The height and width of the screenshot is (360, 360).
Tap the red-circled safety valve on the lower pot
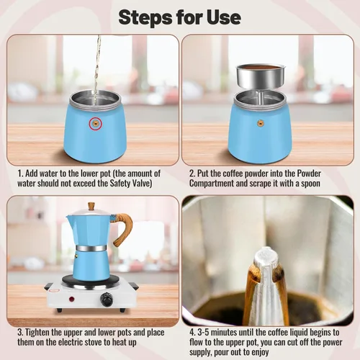pyautogui.click(x=94, y=123)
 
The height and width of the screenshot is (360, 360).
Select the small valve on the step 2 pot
pyautogui.click(x=260, y=123)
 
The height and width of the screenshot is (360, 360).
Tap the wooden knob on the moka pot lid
pyautogui.click(x=91, y=207)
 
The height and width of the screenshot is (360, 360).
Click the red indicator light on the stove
pyautogui.click(x=70, y=297)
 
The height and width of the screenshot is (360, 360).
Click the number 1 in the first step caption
pyautogui.click(x=19, y=174)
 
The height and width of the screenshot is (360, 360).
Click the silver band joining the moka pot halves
pyautogui.click(x=91, y=248)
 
